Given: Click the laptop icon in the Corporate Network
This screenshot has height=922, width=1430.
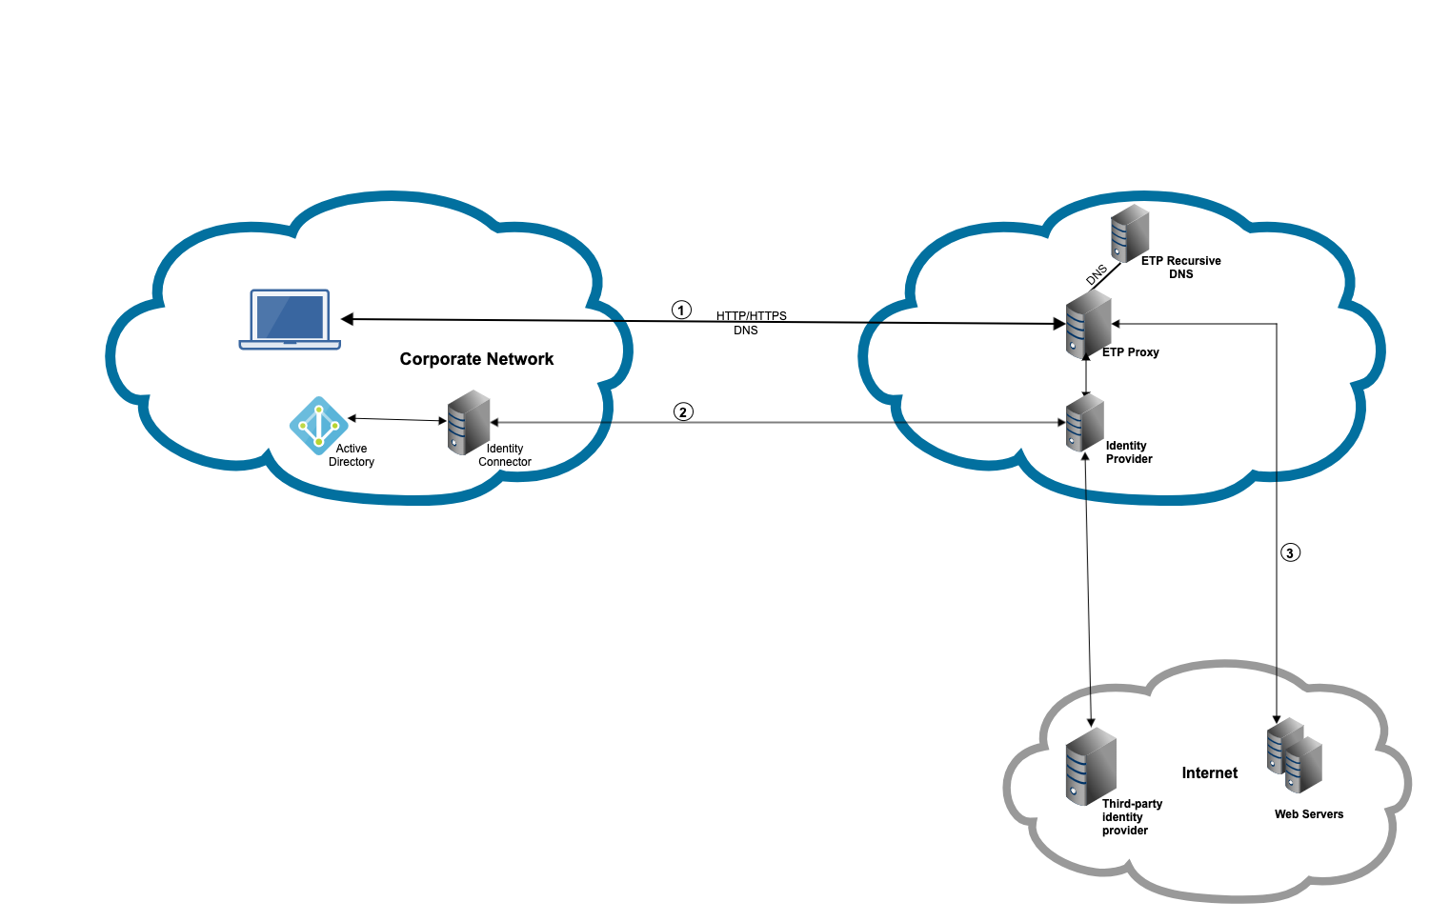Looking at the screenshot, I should [290, 318].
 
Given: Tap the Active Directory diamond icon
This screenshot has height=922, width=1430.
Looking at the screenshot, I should [318, 425].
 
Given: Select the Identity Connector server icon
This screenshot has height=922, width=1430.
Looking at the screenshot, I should [469, 421].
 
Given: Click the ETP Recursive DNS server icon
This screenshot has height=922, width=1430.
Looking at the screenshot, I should [1130, 233].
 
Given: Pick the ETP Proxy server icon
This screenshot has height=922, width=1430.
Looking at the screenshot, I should [1088, 325].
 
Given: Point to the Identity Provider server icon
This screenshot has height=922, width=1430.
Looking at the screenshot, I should [1085, 423].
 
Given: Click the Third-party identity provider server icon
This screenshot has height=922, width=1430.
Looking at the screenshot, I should [1091, 766].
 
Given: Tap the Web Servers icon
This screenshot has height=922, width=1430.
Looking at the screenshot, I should [1295, 755].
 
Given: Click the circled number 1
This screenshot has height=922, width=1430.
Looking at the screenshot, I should [681, 310].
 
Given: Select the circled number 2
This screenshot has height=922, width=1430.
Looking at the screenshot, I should [683, 411].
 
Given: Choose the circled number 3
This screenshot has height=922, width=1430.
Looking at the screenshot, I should [1290, 552].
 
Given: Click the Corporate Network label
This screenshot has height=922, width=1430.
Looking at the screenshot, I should [476, 359].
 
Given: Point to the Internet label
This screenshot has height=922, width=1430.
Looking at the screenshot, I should [1210, 773].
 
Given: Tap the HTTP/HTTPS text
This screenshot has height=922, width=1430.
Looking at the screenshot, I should [752, 316].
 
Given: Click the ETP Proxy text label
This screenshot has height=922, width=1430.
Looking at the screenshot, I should [1131, 352].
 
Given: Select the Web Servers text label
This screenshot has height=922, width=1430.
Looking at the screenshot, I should [1309, 814].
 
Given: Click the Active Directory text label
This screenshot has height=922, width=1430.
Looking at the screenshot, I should [352, 455].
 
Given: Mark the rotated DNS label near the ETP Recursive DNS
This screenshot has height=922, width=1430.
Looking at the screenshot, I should [1097, 275].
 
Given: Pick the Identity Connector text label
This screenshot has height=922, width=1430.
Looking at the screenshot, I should [505, 455].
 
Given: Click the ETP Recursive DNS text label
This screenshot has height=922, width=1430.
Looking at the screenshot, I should [1181, 268].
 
